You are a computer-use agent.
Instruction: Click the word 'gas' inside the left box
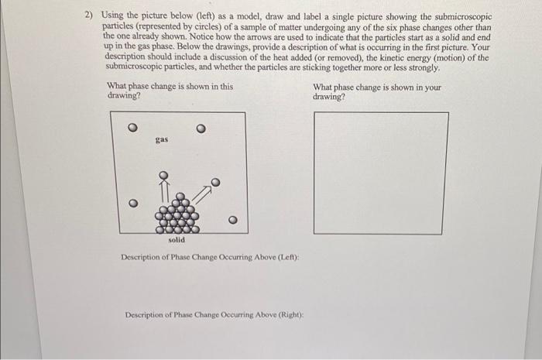[161, 141]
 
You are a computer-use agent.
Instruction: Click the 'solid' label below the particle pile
[176, 240]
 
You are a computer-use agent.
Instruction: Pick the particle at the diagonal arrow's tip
[216, 183]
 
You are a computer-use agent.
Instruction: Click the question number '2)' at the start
[89, 16]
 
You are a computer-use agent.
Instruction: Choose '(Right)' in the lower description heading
[286, 315]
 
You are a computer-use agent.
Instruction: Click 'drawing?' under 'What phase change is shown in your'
[329, 97]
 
